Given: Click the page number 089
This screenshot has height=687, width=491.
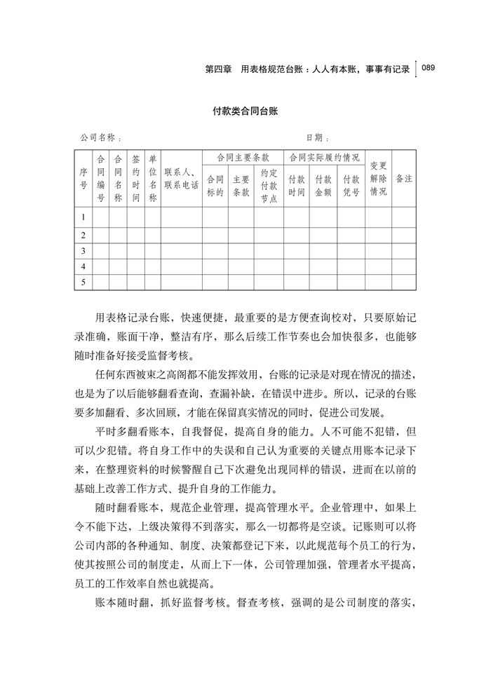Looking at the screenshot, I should tap(429, 68).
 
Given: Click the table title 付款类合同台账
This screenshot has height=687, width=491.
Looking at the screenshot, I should tap(245, 111).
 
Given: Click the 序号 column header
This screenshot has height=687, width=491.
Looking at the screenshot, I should tap(83, 178).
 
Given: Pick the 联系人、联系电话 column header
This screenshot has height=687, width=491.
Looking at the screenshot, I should tap(181, 178).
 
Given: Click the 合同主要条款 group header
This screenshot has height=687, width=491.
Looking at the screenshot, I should tap(243, 158).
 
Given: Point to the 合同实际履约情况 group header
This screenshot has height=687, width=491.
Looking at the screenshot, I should tap(323, 158).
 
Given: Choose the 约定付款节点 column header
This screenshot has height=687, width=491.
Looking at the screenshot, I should tap(269, 185).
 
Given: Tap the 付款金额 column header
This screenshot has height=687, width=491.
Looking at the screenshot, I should tap(323, 185).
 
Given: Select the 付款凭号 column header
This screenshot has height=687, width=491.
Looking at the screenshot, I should tap(351, 185).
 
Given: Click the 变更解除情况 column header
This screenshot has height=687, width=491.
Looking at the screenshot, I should tap(378, 178).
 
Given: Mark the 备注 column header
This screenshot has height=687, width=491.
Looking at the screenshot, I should tap(404, 178).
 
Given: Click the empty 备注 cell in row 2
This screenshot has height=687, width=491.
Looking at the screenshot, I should tap(404, 234).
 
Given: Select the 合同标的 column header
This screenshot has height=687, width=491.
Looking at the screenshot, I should tap(215, 185).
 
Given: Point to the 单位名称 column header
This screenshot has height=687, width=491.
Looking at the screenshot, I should tap(153, 178).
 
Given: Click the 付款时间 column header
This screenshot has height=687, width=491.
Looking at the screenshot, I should tap(296, 185).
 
